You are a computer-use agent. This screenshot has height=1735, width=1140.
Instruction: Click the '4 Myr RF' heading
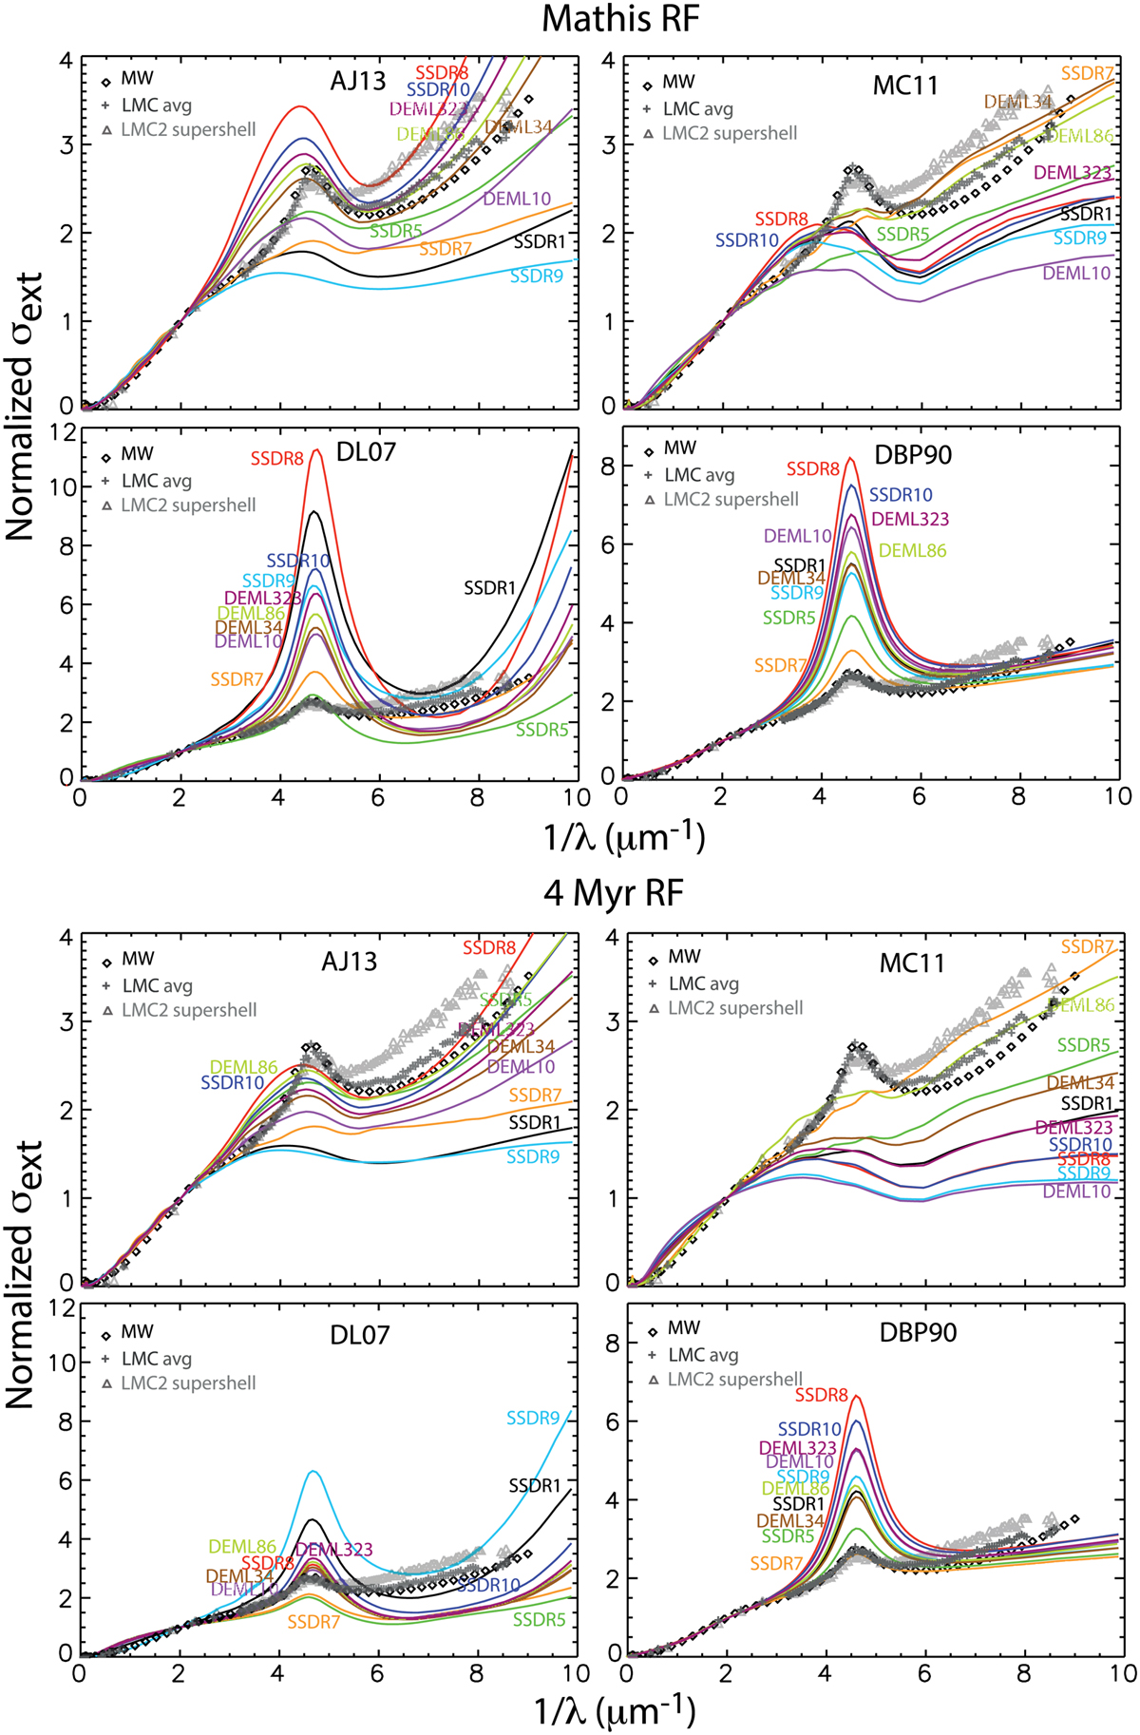[614, 893]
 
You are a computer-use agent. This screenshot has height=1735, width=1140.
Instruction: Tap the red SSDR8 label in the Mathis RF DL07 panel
[277, 459]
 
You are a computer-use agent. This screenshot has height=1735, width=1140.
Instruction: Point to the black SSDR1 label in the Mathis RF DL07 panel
[490, 588]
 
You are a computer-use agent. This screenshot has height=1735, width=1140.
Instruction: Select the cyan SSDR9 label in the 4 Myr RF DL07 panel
[533, 1418]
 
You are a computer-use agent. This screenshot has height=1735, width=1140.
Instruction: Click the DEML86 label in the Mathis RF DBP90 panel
[912, 550]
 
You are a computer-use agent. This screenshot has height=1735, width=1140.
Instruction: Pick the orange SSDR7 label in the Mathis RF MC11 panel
[1088, 73]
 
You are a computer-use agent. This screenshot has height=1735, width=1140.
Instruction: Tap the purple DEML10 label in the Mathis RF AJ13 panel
[517, 199]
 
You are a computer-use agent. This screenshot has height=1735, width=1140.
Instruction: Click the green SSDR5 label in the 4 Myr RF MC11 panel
[1083, 1045]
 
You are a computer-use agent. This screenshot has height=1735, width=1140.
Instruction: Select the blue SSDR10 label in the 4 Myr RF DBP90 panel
[809, 1428]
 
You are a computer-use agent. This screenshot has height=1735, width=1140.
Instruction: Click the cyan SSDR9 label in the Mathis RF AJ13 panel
[537, 276]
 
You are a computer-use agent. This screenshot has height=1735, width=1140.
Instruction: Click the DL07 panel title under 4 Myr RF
[359, 1335]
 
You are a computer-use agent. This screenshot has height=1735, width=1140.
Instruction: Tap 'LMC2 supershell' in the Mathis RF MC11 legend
[730, 134]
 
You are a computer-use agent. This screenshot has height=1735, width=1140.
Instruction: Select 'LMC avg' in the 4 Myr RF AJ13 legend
[158, 985]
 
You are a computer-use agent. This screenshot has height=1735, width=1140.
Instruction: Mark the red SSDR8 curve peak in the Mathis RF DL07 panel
[315, 449]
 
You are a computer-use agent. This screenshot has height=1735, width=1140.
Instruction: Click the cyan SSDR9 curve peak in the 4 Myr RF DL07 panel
[313, 1471]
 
